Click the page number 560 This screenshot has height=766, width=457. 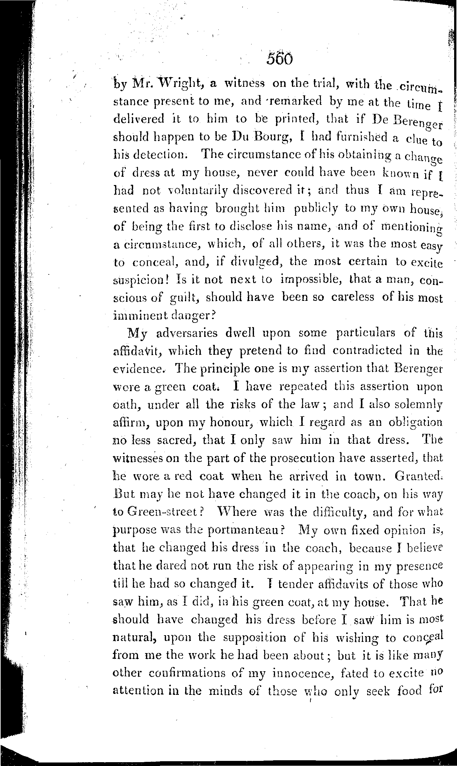280,59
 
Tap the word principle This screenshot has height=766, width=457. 215,368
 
